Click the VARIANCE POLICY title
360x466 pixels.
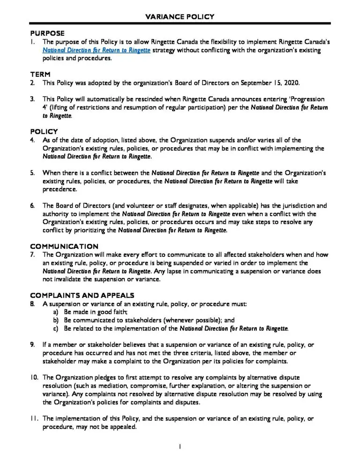pyautogui.click(x=180, y=16)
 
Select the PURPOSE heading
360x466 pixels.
pyautogui.click(x=47, y=33)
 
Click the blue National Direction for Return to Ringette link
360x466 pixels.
pyautogui.click(x=97, y=50)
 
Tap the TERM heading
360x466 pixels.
pyautogui.click(x=40, y=75)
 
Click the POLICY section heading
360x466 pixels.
pyautogui.click(x=44, y=132)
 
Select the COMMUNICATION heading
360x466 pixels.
pyautogui.click(x=64, y=246)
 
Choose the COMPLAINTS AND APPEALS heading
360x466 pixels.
pyautogui.click(x=82, y=295)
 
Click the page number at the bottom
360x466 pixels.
pyautogui.click(x=180, y=446)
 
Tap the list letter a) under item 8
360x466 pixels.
pyautogui.click(x=55, y=312)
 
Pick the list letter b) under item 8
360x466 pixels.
pyautogui.click(x=55, y=320)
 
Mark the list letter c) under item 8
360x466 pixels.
pyautogui.click(x=55, y=329)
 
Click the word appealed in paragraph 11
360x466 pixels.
pyautogui.click(x=121, y=427)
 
